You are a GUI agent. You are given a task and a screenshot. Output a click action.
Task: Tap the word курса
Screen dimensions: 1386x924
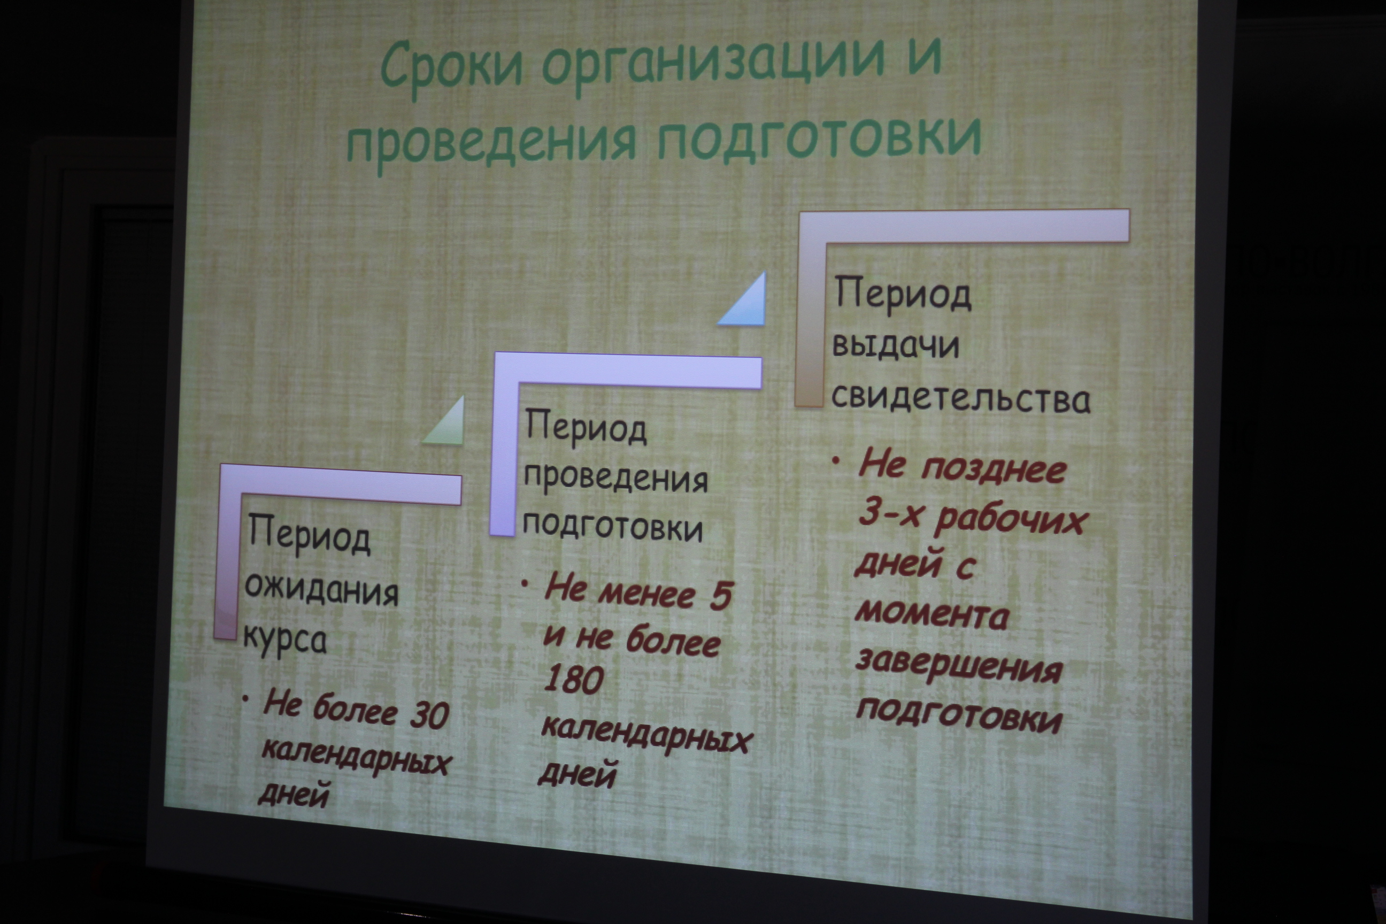284,640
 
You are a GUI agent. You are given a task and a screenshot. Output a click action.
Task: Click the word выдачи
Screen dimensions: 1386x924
895,346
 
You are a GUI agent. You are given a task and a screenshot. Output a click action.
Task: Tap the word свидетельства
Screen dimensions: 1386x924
960,398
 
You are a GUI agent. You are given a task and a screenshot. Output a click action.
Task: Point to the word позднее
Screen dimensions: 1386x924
994,469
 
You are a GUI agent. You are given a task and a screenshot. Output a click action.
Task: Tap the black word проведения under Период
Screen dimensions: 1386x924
615,477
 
